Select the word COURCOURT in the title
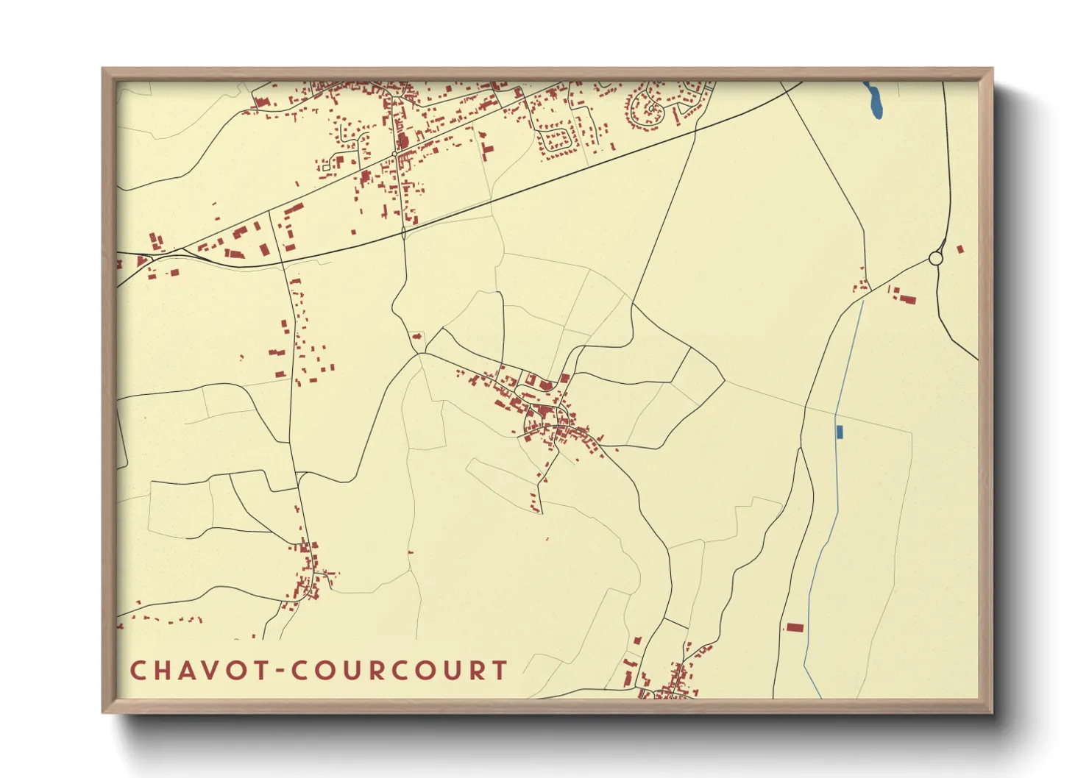tap(398, 671)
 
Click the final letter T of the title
tap(500, 671)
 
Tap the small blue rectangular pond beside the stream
tap(840, 432)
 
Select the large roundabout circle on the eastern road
tap(935, 259)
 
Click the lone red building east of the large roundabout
tap(959, 249)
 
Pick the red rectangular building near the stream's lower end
tap(795, 627)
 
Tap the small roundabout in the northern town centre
tap(395, 154)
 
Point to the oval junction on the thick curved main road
tap(403, 233)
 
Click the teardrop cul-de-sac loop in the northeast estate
tap(652, 108)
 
